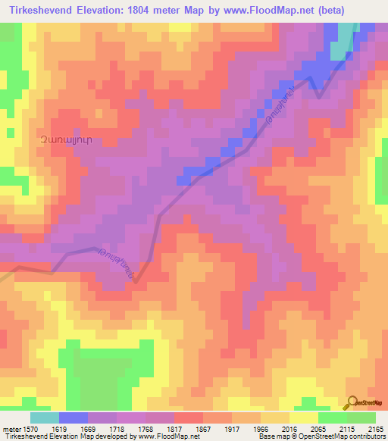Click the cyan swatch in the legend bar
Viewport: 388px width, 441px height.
(x=44, y=418)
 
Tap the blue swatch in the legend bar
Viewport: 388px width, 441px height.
(x=73, y=418)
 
